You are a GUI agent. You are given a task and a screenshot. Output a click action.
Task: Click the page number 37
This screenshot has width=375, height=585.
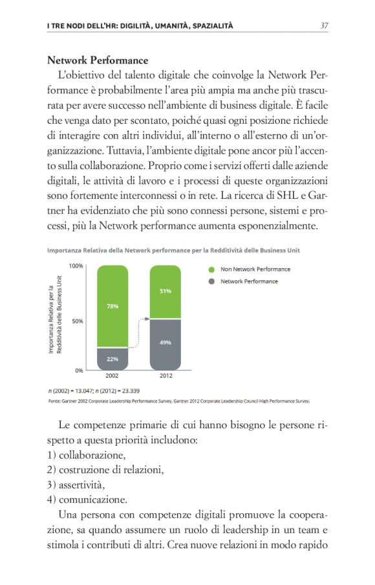(324, 25)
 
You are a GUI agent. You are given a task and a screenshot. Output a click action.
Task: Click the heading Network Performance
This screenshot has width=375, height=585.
(98, 61)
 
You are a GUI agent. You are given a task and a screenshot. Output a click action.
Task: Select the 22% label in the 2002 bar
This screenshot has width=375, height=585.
(112, 358)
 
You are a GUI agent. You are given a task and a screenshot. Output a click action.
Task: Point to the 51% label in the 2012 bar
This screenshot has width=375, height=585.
(165, 292)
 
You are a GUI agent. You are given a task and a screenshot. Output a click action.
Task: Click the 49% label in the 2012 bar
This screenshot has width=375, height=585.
(165, 342)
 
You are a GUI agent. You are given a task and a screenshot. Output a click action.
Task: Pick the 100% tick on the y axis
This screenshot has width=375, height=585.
(76, 266)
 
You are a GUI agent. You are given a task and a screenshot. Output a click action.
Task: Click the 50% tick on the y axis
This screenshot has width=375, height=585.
(77, 321)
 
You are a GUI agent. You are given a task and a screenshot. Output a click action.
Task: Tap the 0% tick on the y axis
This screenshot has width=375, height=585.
(78, 371)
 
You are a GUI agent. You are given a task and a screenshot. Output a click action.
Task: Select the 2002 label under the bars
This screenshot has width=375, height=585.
(112, 376)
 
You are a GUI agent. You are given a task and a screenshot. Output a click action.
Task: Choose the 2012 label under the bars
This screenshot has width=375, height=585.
(165, 376)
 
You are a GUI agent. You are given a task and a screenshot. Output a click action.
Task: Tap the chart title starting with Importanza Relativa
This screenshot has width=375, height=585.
(173, 249)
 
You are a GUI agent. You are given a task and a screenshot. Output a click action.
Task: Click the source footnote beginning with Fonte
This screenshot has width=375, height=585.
(178, 401)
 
